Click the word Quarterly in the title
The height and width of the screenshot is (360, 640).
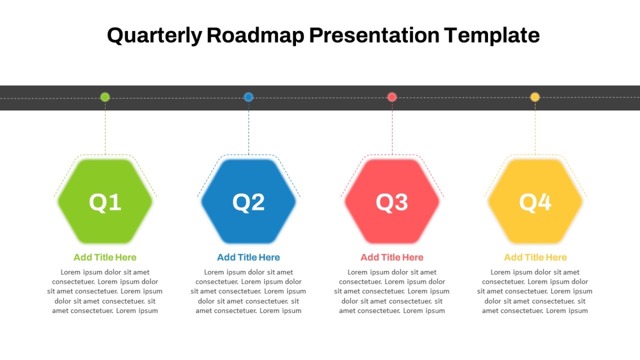pyautogui.click(x=155, y=36)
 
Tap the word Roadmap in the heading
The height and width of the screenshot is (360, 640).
pyautogui.click(x=255, y=35)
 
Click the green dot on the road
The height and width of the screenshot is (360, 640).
pyautogui.click(x=105, y=97)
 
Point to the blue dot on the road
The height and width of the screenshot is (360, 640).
pyautogui.click(x=249, y=97)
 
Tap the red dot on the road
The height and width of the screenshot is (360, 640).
pyautogui.click(x=392, y=97)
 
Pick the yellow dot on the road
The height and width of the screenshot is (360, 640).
pyautogui.click(x=535, y=97)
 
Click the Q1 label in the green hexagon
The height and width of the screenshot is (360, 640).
pyautogui.click(x=105, y=202)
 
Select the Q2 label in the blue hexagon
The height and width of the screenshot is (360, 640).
pyautogui.click(x=249, y=202)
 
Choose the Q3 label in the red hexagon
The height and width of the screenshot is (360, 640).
pyautogui.click(x=392, y=202)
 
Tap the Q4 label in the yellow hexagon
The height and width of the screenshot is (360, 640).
pyautogui.click(x=535, y=202)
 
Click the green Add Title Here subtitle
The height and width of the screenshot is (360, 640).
pyautogui.click(x=105, y=258)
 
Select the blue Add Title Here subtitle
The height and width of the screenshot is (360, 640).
pyautogui.click(x=249, y=258)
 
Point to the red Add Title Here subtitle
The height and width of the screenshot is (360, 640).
pyautogui.click(x=392, y=258)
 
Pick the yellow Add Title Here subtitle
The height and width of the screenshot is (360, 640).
pyautogui.click(x=535, y=258)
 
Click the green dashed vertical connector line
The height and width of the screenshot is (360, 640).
pyautogui.click(x=105, y=129)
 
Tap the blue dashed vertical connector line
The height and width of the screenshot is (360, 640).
pyautogui.click(x=249, y=129)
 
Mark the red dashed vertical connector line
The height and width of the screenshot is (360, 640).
pyautogui.click(x=392, y=129)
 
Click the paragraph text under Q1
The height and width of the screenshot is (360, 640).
pyautogui.click(x=105, y=291)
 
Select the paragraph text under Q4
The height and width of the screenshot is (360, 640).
pyautogui.click(x=535, y=291)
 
